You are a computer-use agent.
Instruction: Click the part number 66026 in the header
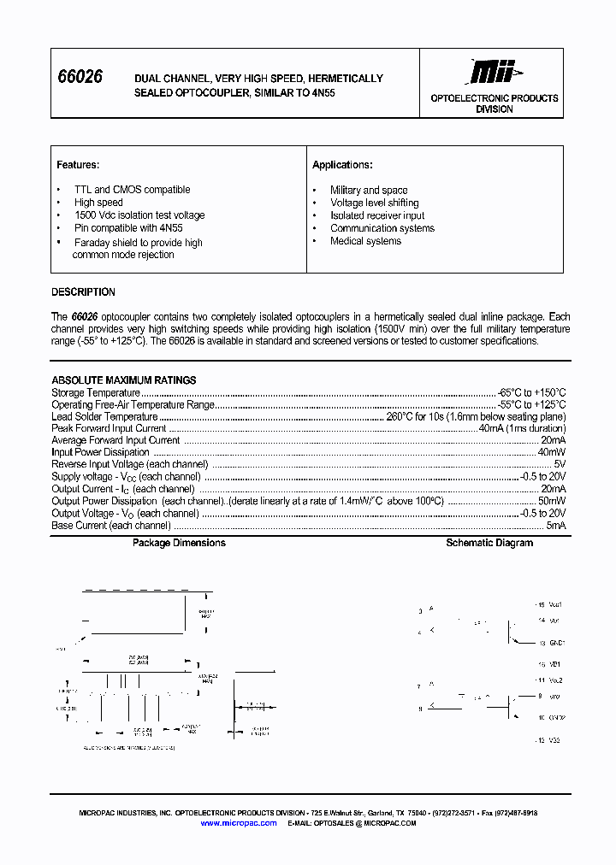point(79,77)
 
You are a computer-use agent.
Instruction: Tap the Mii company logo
point(494,72)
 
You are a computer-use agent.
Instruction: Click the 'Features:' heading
point(78,164)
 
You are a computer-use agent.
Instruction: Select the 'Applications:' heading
point(342,165)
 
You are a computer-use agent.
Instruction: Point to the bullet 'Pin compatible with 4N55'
point(128,228)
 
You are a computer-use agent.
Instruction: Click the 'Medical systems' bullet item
point(365,241)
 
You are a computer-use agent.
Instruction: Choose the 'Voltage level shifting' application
point(374,203)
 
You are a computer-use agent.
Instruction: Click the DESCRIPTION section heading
point(83,291)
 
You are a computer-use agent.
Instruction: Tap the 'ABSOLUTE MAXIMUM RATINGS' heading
point(124,380)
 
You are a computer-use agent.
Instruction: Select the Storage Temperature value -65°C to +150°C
point(531,392)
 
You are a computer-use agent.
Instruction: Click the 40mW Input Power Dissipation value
point(551,452)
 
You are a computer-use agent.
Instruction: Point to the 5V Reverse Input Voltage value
point(560,464)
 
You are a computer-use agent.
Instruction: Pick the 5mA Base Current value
point(556,526)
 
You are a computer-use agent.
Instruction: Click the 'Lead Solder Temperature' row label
point(104,416)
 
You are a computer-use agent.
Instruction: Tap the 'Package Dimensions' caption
point(179,543)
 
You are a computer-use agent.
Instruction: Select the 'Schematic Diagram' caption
point(489,543)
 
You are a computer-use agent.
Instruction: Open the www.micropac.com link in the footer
point(239,823)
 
